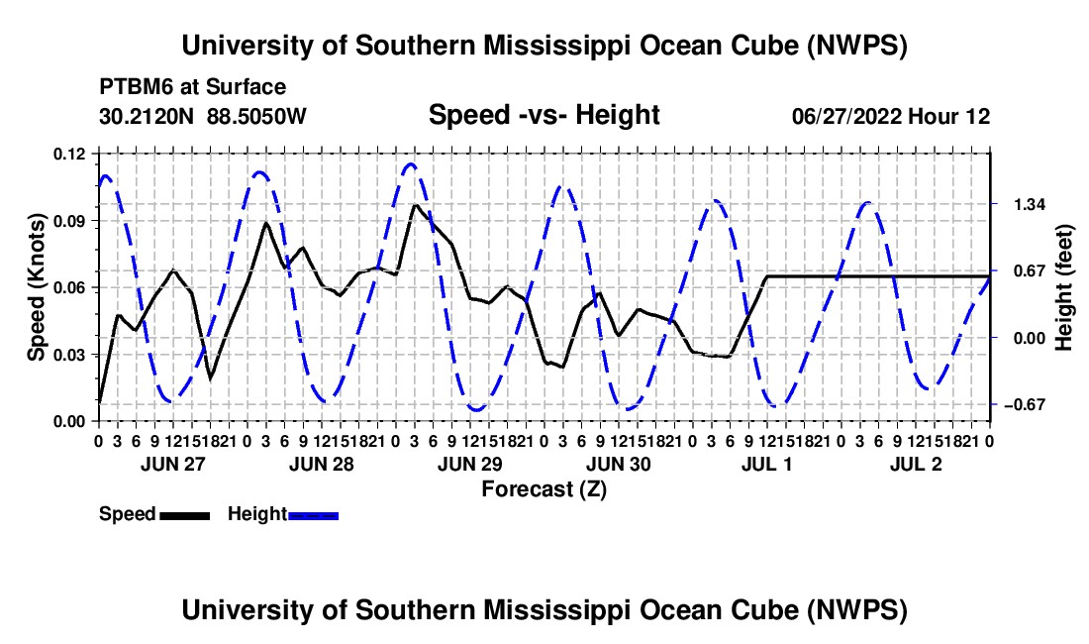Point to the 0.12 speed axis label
tap(70, 155)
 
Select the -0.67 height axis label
tap(1025, 404)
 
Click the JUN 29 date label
tap(470, 464)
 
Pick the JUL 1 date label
tap(766, 464)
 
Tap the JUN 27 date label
tap(173, 464)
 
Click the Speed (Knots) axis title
tap(36, 287)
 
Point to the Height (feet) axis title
tap(1063, 287)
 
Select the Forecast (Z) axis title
tap(544, 489)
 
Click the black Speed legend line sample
tap(185, 516)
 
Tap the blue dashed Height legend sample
tap(313, 516)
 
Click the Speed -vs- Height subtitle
tap(544, 115)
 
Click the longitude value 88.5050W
tap(256, 116)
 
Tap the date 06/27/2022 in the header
tap(845, 116)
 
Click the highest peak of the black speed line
tap(416, 205)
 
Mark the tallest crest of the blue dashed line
tap(411, 163)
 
